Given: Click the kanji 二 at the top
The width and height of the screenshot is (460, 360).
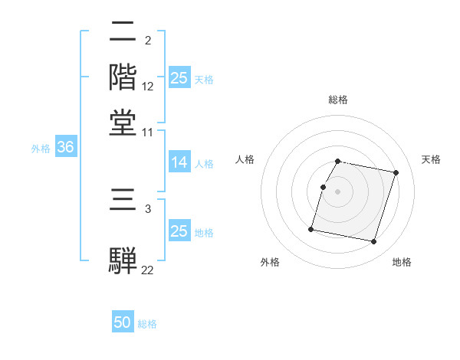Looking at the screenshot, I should point(123,34).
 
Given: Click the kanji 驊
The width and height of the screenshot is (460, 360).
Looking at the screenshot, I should point(123,259).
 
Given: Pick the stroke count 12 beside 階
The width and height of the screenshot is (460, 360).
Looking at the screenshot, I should point(148,87).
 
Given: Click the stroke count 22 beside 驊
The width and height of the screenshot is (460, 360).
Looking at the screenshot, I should point(148,269).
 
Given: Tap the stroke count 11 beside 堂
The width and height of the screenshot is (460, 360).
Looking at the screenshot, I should point(148,132).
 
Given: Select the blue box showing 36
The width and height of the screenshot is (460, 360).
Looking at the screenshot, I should point(65,148).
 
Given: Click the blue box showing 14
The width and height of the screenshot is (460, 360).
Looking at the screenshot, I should point(179,162).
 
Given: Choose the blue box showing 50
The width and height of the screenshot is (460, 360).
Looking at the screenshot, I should point(123,322).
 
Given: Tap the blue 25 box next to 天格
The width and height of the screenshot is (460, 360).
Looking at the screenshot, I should point(179,78).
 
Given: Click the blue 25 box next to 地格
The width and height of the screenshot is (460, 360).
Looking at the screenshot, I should point(179,231).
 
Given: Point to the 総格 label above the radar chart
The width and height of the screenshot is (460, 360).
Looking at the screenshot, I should point(338,100).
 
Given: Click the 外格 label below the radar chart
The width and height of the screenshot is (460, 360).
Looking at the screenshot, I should point(270,263).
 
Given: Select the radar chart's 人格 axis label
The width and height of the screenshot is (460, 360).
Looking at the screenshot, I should point(245,159).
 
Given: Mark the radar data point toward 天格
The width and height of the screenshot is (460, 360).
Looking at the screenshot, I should point(396,173).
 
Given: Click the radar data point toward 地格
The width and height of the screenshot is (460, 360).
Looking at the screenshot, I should point(374,242).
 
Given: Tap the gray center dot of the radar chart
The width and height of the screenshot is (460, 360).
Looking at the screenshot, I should point(337,191).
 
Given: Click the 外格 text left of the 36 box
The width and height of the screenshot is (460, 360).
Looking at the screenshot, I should point(40,149).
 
